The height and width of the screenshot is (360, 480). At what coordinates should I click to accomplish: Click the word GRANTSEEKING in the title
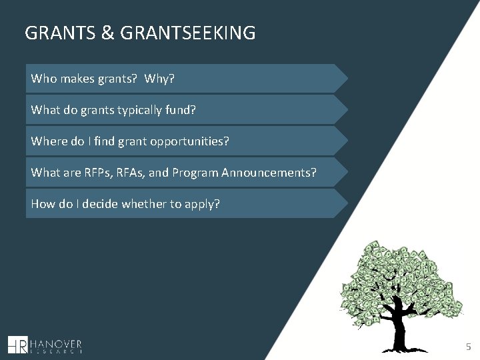click(x=188, y=33)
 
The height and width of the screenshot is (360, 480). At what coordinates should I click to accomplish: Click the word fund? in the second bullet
click(x=179, y=110)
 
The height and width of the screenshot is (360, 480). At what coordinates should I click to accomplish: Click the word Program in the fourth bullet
click(x=193, y=173)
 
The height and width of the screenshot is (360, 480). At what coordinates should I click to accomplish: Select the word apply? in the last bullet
click(x=203, y=204)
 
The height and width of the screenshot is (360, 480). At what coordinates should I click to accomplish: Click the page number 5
click(x=468, y=347)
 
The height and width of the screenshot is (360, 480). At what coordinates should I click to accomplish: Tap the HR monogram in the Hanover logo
click(x=17, y=345)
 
